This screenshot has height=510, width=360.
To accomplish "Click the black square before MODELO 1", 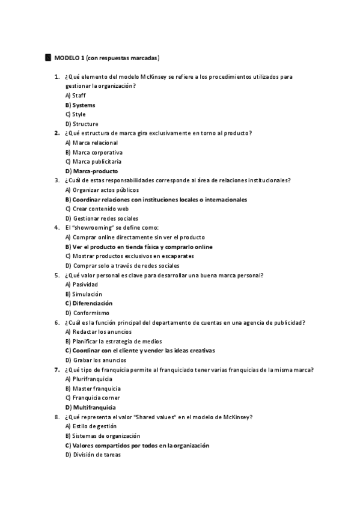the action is [x=48, y=58].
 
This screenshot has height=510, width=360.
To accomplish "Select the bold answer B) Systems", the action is [x=80, y=105].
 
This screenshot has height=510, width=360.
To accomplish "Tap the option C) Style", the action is [x=76, y=114].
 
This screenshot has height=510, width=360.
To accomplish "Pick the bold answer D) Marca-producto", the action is [x=91, y=171].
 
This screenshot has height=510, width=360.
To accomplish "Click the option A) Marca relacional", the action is [x=91, y=143].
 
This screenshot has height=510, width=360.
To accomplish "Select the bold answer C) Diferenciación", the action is [x=89, y=303].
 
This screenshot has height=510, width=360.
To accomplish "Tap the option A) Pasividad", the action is [x=81, y=284].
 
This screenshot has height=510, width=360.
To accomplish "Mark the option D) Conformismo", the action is [x=87, y=313].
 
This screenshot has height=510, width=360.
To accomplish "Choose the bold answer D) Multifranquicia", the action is [x=90, y=407].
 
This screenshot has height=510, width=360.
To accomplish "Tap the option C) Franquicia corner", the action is [x=92, y=398].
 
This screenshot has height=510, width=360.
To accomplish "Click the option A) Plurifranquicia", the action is [x=88, y=379].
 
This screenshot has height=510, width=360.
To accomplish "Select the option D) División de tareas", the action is [x=93, y=455].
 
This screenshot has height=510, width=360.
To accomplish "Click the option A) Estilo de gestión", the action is [x=91, y=426].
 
